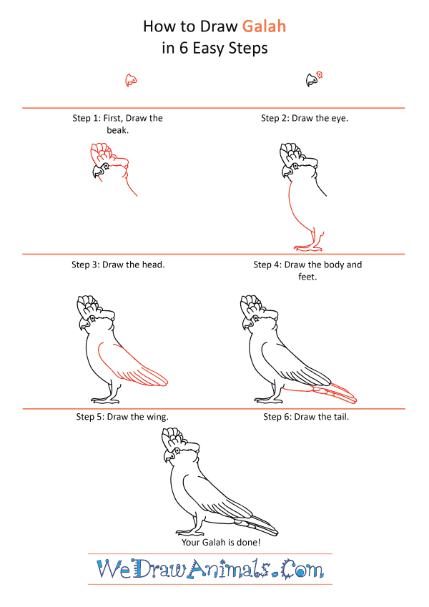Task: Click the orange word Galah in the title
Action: [264, 26]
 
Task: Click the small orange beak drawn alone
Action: [132, 80]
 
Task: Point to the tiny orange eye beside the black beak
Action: [320, 75]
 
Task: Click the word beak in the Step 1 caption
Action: [118, 130]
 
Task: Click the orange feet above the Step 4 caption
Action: [309, 246]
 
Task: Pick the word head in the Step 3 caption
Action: [153, 265]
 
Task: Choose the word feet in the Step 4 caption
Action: [307, 277]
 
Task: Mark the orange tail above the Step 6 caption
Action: [320, 393]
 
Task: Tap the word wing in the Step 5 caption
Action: [157, 418]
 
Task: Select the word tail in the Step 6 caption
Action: [341, 417]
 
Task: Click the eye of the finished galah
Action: [177, 450]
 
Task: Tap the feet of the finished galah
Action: [190, 531]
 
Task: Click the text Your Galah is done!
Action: [221, 543]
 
